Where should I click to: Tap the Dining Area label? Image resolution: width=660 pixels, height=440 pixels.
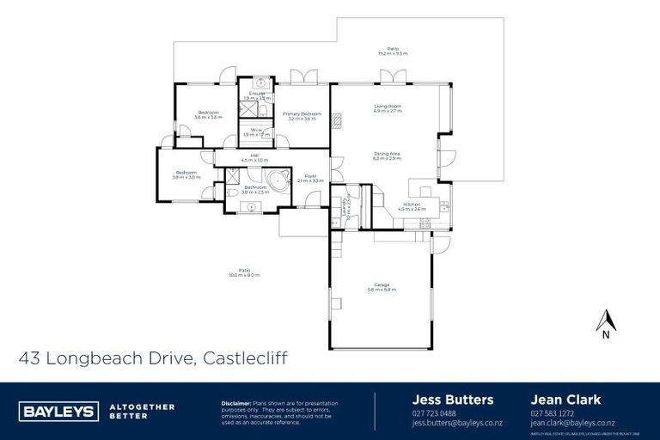pyautogui.click(x=388, y=156)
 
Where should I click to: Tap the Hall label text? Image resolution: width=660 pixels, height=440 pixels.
pyautogui.click(x=254, y=157)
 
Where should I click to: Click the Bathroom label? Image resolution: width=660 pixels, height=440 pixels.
pyautogui.click(x=254, y=189)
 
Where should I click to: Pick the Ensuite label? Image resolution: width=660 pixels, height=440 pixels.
pyautogui.click(x=257, y=95)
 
